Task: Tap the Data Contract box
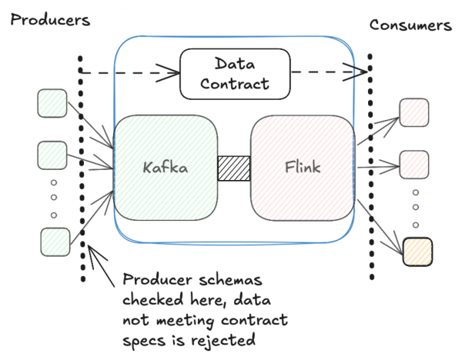coord(235,75)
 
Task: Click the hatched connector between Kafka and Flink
coord(234,168)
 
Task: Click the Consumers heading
coord(409,24)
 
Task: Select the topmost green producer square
coord(52,103)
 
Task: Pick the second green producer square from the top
coord(52,155)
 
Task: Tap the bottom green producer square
coord(54,241)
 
